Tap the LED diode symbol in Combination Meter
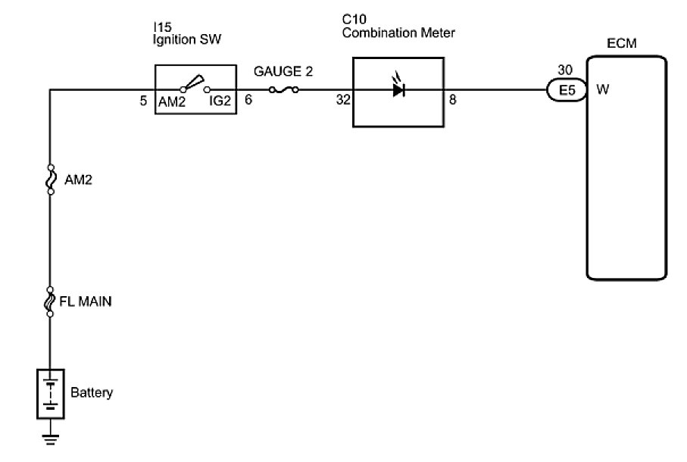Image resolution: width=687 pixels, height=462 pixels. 398,89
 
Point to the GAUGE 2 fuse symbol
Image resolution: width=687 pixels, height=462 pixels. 283,89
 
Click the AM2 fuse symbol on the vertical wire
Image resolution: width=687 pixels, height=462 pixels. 50,179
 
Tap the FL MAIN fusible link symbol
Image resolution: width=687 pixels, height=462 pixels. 50,302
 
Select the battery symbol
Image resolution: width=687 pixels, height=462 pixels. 50,393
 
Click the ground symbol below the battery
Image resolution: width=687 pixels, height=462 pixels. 50,438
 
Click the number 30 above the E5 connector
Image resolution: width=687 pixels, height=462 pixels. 564,70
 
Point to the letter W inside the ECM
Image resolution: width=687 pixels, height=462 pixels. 603,90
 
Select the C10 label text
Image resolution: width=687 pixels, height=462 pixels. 352,20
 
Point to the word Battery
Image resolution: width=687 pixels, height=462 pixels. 92,393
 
